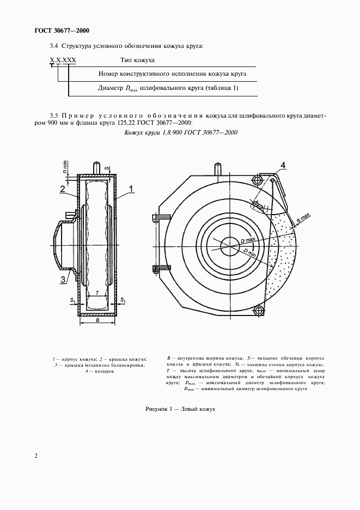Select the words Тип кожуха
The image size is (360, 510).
click(138, 60)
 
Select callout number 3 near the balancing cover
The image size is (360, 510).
click(63, 280)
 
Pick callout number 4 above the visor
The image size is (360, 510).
click(283, 165)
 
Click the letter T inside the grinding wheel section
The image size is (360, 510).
click(97, 293)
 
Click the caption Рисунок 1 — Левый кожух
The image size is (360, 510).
click(180, 408)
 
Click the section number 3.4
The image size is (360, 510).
click(53, 46)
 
